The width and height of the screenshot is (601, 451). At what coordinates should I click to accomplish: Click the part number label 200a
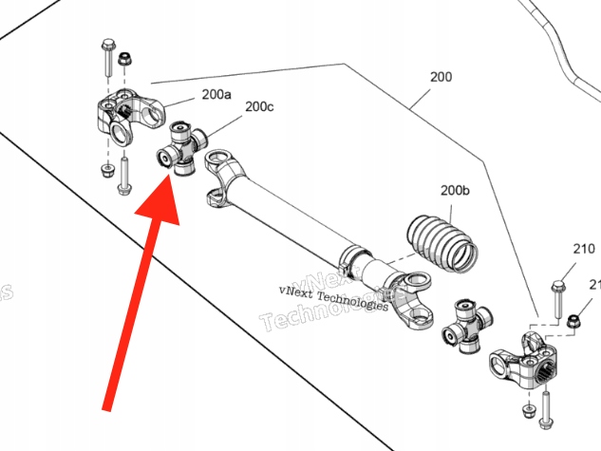point(216,95)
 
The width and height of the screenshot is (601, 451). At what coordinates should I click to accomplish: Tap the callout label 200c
point(259,107)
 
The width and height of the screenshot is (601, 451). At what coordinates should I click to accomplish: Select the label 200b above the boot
point(454,191)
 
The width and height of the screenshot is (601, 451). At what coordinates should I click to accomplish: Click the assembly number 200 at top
point(441,76)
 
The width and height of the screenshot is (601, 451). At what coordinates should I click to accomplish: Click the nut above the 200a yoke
point(124,62)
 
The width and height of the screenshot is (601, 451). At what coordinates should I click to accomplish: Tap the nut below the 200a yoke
point(104,171)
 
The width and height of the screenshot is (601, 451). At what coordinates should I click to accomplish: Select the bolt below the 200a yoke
point(122,176)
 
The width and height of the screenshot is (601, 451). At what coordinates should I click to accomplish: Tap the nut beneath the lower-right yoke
point(527,408)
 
